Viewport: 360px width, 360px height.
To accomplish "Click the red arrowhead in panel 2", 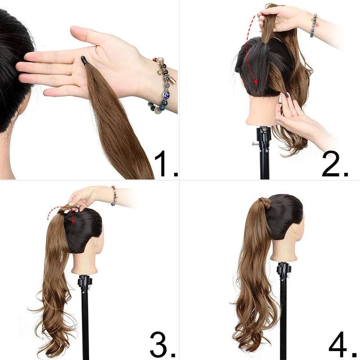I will (x=256, y=82).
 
